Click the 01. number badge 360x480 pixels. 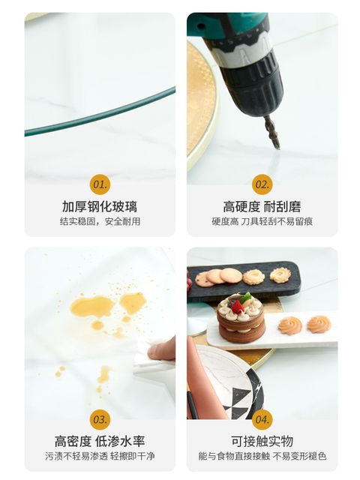point(100,184)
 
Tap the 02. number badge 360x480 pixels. point(262,184)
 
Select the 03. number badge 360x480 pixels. point(100,419)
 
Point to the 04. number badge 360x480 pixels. point(262,419)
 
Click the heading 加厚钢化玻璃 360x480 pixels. point(100,207)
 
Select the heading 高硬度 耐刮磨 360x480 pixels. point(262,207)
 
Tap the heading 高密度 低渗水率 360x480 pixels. point(100,441)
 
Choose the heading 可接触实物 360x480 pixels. point(262,441)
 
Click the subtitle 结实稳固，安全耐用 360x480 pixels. point(100,221)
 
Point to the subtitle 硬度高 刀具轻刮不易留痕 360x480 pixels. point(262,221)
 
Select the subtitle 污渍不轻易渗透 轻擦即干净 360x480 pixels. point(100,456)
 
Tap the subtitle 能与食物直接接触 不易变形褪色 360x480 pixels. point(262,456)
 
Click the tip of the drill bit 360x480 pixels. point(278,148)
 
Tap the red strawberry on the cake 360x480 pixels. point(236,307)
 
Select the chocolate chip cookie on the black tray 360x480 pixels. point(202,278)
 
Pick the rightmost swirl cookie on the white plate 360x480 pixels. point(319,324)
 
